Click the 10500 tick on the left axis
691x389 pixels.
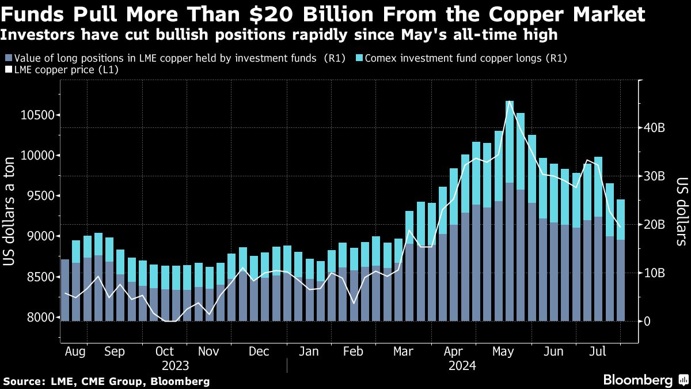[x=37, y=115]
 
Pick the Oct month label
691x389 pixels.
[x=165, y=352]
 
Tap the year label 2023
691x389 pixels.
[x=175, y=365]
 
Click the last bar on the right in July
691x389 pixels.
[x=620, y=259]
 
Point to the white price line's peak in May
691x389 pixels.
[x=510, y=102]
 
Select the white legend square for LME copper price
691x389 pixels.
[x=8, y=70]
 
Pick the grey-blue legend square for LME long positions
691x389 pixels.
[x=8, y=58]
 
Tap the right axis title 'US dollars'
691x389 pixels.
[x=681, y=212]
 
